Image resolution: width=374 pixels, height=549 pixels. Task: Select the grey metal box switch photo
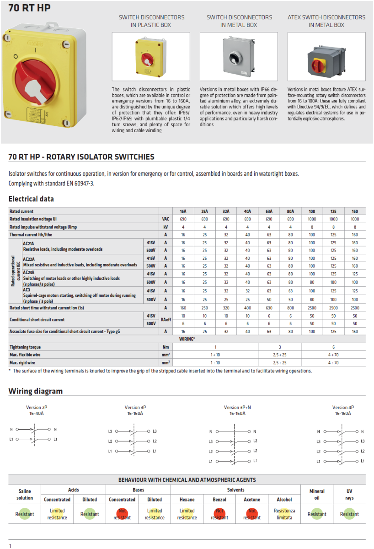click(x=239, y=56)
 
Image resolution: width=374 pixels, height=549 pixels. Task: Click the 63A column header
click(x=269, y=212)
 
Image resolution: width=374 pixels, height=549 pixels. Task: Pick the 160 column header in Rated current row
click(x=355, y=212)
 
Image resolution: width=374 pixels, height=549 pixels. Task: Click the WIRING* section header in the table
click(x=187, y=339)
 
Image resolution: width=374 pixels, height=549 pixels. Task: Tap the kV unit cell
click(x=166, y=227)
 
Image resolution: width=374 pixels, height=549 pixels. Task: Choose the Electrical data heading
click(x=31, y=199)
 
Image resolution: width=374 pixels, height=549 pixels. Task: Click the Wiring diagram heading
click(x=36, y=391)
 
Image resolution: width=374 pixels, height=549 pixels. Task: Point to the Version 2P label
click(x=35, y=407)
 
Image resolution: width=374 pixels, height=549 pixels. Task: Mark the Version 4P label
click(x=343, y=407)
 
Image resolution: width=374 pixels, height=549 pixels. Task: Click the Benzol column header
click(x=219, y=500)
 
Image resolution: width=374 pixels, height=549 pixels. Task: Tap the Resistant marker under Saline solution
click(x=25, y=514)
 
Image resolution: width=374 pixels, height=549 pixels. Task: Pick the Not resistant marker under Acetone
click(x=252, y=514)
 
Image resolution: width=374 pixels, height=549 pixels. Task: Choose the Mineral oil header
click(x=317, y=494)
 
